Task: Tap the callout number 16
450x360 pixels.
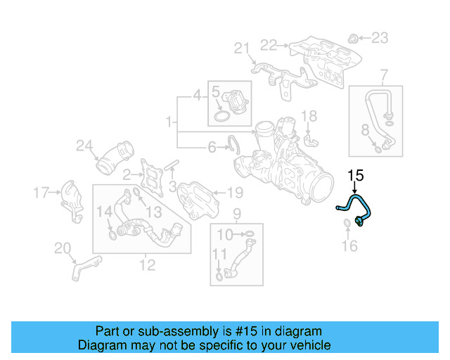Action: click(349, 245)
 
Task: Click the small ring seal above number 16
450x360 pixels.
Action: click(348, 225)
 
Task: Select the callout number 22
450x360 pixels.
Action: click(269, 45)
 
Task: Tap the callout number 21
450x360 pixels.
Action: click(242, 49)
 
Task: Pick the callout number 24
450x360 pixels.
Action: click(84, 146)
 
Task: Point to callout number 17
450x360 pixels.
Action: click(41, 191)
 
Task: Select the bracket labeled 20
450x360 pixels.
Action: click(83, 267)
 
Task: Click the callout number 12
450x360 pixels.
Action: click(148, 265)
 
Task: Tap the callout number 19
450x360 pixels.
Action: click(235, 191)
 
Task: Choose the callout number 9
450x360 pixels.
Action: click(237, 213)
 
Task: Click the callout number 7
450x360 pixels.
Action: click(384, 75)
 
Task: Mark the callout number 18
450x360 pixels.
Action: click(309, 115)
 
